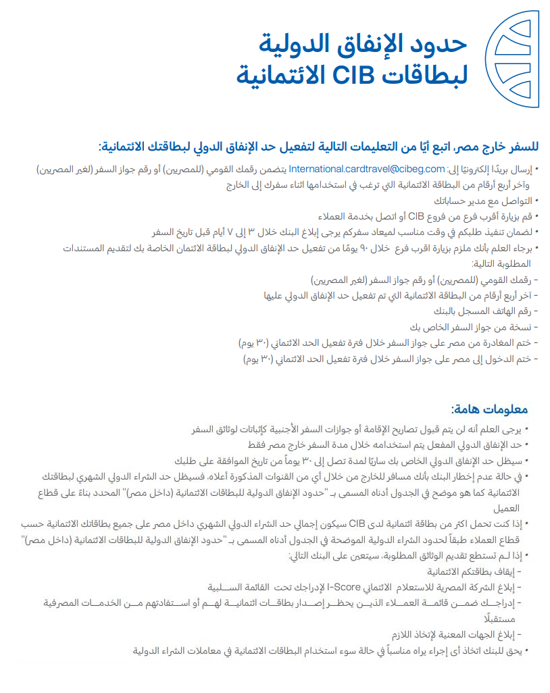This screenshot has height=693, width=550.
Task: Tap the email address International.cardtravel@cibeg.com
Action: pyautogui.click(x=368, y=169)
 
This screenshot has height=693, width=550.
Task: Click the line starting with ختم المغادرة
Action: pyautogui.click(x=389, y=343)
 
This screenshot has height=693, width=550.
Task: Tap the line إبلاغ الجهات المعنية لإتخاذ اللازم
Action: pyautogui.click(x=458, y=634)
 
